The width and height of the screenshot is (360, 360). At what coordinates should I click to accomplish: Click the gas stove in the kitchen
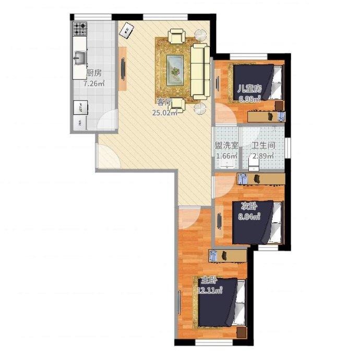click(80, 29)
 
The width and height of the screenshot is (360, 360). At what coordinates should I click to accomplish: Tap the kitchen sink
click(79, 58)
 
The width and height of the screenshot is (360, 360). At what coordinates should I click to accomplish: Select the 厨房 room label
click(94, 73)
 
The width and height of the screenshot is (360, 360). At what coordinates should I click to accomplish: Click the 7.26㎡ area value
click(94, 83)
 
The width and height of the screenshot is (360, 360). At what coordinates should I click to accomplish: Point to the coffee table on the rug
click(175, 70)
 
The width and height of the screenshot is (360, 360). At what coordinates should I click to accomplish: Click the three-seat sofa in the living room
click(200, 71)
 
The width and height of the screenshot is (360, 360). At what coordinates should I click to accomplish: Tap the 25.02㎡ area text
click(165, 113)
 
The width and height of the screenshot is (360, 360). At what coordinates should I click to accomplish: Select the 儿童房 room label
click(249, 88)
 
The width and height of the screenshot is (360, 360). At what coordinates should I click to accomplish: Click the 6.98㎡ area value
click(249, 99)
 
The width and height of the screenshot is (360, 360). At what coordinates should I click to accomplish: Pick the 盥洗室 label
click(226, 145)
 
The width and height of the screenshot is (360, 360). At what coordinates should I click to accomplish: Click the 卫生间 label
click(263, 145)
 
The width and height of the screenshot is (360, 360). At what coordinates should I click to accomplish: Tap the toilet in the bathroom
click(254, 164)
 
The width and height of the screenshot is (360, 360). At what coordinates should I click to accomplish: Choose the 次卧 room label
click(249, 207)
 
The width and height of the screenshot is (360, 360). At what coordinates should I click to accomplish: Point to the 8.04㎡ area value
click(249, 217)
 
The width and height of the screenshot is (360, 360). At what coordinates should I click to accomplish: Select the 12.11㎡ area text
click(210, 291)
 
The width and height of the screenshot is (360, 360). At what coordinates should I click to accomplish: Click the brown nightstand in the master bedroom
click(242, 332)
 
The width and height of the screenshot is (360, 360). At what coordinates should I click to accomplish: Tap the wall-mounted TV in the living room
click(123, 69)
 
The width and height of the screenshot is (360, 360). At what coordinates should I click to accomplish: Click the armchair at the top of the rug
click(176, 36)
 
